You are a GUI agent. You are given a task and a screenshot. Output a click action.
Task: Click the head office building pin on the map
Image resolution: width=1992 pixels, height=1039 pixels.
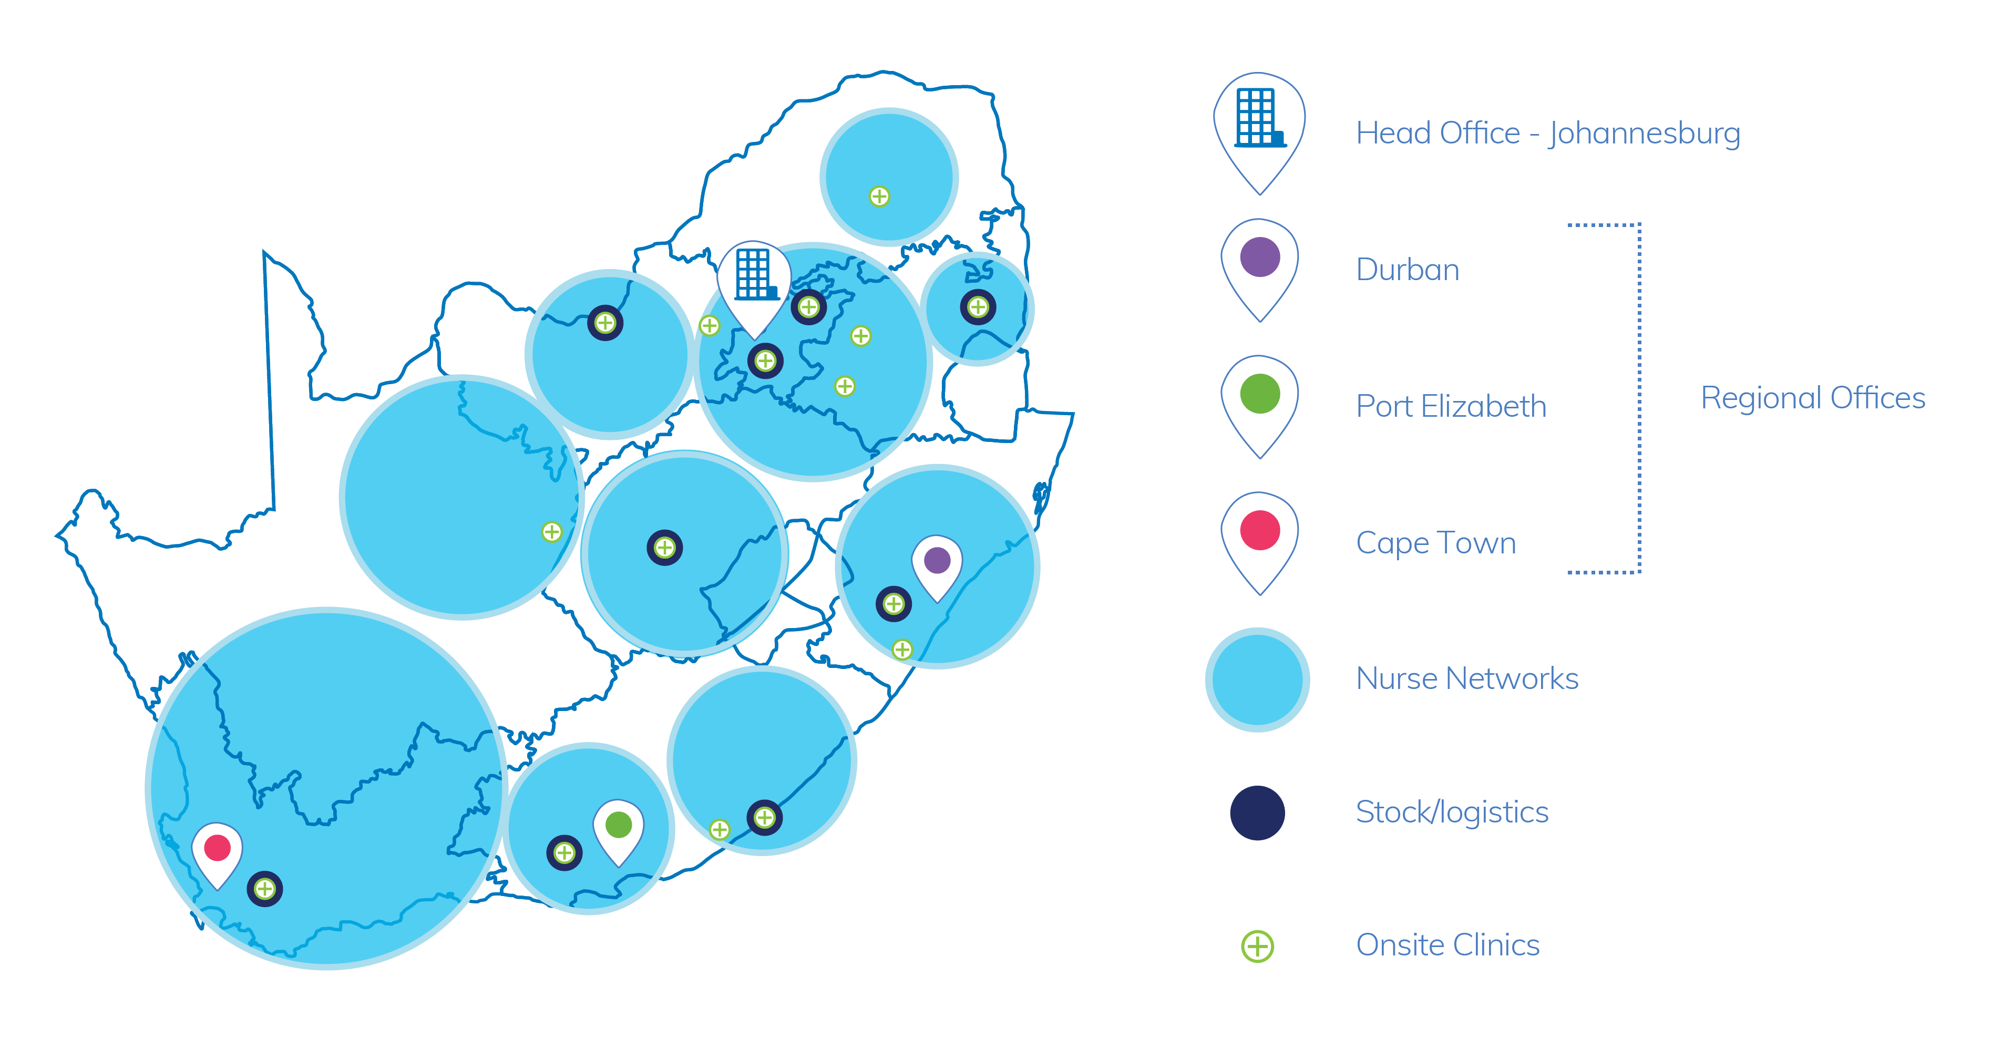[753, 286]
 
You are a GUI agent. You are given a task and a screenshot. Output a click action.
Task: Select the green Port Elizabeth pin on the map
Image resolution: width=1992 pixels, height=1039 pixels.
[619, 830]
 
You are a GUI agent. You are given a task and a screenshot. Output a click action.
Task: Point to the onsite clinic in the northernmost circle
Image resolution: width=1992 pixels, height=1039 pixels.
[879, 197]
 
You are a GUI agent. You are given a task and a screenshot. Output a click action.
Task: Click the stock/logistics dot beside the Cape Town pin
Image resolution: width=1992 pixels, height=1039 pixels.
[264, 889]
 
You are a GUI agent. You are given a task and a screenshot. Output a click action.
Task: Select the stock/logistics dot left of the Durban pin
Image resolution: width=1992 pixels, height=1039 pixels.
[894, 604]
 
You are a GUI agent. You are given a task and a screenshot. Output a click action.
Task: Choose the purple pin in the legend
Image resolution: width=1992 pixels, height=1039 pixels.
[1260, 269]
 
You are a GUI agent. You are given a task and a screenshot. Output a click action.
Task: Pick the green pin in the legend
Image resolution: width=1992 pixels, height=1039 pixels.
[1260, 406]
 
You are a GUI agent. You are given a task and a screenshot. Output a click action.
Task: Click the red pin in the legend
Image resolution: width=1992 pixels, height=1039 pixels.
[1260, 543]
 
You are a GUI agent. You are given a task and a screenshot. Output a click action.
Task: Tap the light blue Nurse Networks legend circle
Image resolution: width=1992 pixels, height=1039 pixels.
[1257, 680]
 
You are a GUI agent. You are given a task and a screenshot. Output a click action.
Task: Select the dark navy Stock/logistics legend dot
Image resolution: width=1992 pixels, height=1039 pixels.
[1257, 812]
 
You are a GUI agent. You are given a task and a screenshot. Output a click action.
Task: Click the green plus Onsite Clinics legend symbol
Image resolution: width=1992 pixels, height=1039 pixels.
[1257, 945]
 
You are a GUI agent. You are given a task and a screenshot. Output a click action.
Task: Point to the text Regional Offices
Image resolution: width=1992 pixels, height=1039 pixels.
[1813, 398]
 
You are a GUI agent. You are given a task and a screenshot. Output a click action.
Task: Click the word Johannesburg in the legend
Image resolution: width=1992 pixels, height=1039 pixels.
[1645, 133]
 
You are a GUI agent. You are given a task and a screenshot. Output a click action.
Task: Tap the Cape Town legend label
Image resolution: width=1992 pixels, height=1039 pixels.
[1436, 543]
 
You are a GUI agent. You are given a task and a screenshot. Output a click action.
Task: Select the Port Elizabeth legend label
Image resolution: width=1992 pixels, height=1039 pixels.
[1452, 406]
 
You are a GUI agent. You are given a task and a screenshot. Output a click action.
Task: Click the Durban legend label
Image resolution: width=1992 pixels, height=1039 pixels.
[1408, 270]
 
